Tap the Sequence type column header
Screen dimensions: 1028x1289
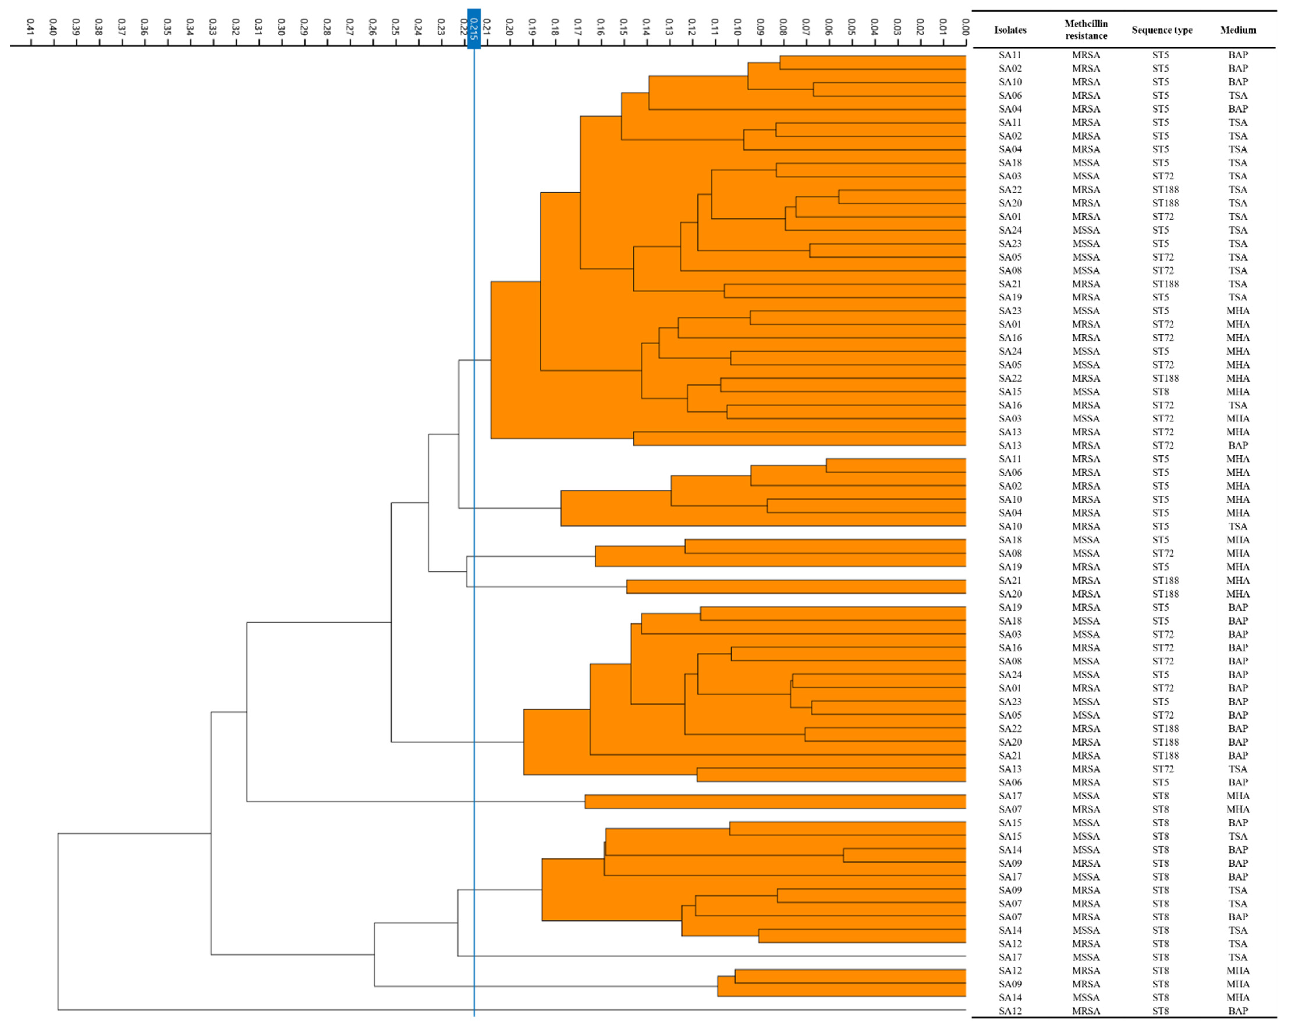(1162, 30)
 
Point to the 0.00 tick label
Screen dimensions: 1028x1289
(965, 27)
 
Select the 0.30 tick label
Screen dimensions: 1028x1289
(281, 27)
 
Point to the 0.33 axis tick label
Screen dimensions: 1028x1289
(212, 27)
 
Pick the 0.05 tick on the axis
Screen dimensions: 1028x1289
(851, 27)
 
